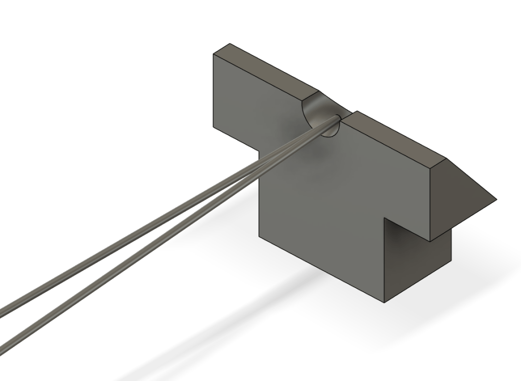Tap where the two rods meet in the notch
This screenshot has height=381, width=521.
pyautogui.click(x=336, y=119)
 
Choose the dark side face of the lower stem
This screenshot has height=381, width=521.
pyautogui.click(x=418, y=260)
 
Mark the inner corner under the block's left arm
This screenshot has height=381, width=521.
pyautogui.click(x=259, y=151)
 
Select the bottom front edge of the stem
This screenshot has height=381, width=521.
pyautogui.click(x=321, y=269)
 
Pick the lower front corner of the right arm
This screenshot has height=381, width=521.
pyautogui.click(x=431, y=241)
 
